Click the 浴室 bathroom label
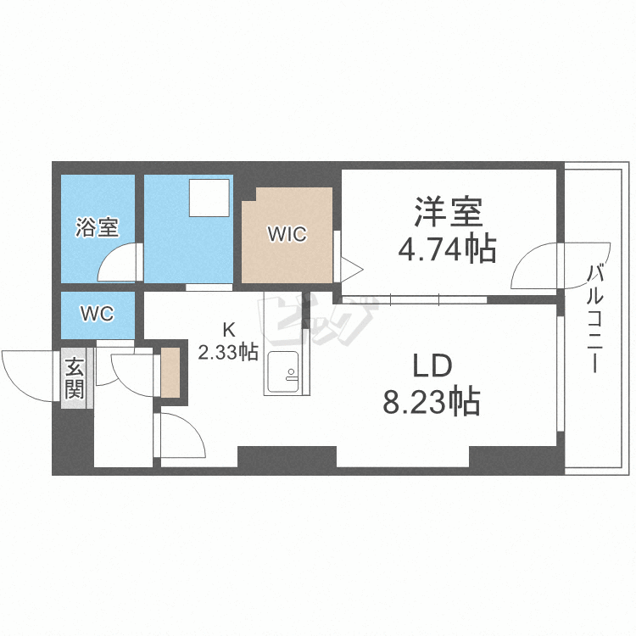click(98, 227)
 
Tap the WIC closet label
click(287, 234)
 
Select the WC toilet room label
click(98, 314)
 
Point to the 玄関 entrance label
click(75, 378)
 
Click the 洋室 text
click(448, 211)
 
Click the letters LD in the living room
click(432, 365)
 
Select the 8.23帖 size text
click(432, 402)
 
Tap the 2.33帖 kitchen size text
click(228, 352)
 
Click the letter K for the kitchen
click(229, 330)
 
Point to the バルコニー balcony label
click(595, 318)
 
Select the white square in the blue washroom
click(209, 198)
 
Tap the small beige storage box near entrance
click(170, 372)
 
